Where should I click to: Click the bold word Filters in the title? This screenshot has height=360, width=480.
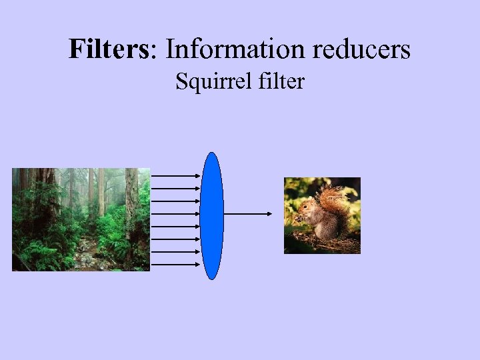111,49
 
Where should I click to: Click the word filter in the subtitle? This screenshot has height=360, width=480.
280,82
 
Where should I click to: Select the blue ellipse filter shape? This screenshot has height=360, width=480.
212,215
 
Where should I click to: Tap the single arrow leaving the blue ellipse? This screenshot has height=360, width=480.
247,214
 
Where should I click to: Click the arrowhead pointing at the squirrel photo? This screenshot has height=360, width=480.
269,214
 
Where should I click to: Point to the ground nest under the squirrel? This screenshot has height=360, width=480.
320,243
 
